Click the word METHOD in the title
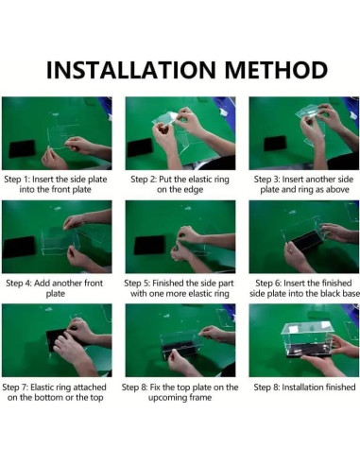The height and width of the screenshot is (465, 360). pyautogui.click(x=276, y=70)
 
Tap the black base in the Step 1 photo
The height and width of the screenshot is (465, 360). pyautogui.click(x=22, y=148)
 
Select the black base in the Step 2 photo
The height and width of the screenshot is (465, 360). pyautogui.click(x=139, y=147)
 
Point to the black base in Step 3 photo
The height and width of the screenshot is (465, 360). pyautogui.click(x=275, y=144)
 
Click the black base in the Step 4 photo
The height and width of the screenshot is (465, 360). pyautogui.click(x=19, y=247)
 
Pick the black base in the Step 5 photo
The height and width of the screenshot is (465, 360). pyautogui.click(x=149, y=245)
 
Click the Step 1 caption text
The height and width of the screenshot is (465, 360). pyautogui.click(x=56, y=184)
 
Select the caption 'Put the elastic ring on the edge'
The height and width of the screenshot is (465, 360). pyautogui.click(x=180, y=184)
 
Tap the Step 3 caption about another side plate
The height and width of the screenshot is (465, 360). pyautogui.click(x=304, y=184)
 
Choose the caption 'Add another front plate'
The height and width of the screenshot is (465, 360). pyautogui.click(x=55, y=288)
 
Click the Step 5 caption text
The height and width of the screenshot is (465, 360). pyautogui.click(x=180, y=288)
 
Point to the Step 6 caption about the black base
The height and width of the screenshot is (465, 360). pyautogui.click(x=304, y=288)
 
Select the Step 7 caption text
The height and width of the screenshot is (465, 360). pyautogui.click(x=55, y=392)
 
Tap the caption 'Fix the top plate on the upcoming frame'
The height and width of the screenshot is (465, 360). pyautogui.click(x=180, y=392)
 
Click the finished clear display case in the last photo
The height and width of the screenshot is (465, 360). pyautogui.click(x=307, y=340)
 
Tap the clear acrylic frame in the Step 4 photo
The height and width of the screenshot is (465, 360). pyautogui.click(x=60, y=240)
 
